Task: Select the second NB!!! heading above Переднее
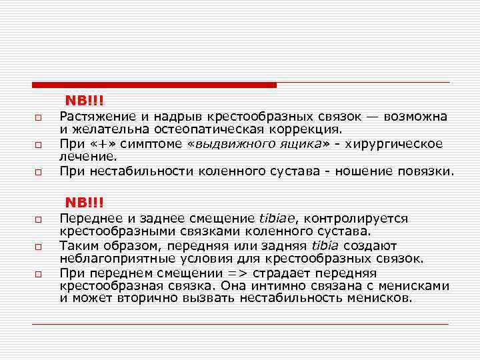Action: click(x=84, y=202)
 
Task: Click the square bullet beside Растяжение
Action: click(x=39, y=118)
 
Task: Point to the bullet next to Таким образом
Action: click(x=39, y=247)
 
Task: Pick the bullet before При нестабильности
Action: click(x=39, y=172)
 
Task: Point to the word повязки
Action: click(x=427, y=171)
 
